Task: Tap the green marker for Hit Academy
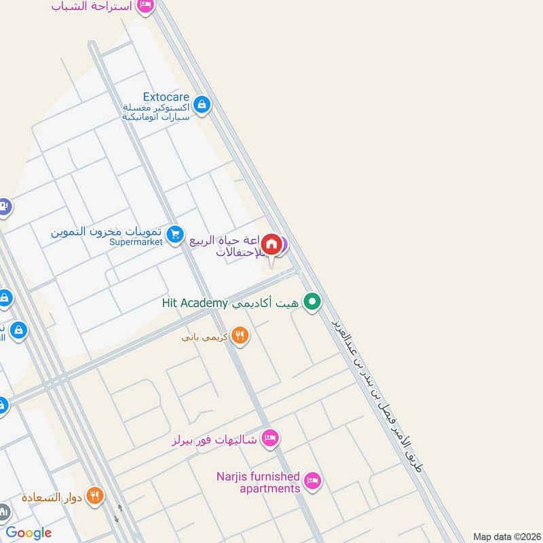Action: pos(312,302)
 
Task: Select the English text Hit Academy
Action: pos(196,303)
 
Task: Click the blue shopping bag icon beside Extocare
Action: pos(201,105)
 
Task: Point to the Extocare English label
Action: pos(166,97)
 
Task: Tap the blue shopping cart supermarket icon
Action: pos(175,234)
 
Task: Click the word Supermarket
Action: pos(136,242)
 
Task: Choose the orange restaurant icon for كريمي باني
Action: pos(239,335)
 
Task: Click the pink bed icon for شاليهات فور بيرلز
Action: pos(269,439)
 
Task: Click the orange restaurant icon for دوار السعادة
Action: pos(95,496)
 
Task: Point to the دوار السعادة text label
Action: pos(52,498)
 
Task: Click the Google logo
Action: pos(29,533)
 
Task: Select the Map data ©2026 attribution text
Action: pos(506,536)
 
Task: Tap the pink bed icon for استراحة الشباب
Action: pos(145,6)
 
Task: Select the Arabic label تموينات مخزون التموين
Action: pos(107,231)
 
